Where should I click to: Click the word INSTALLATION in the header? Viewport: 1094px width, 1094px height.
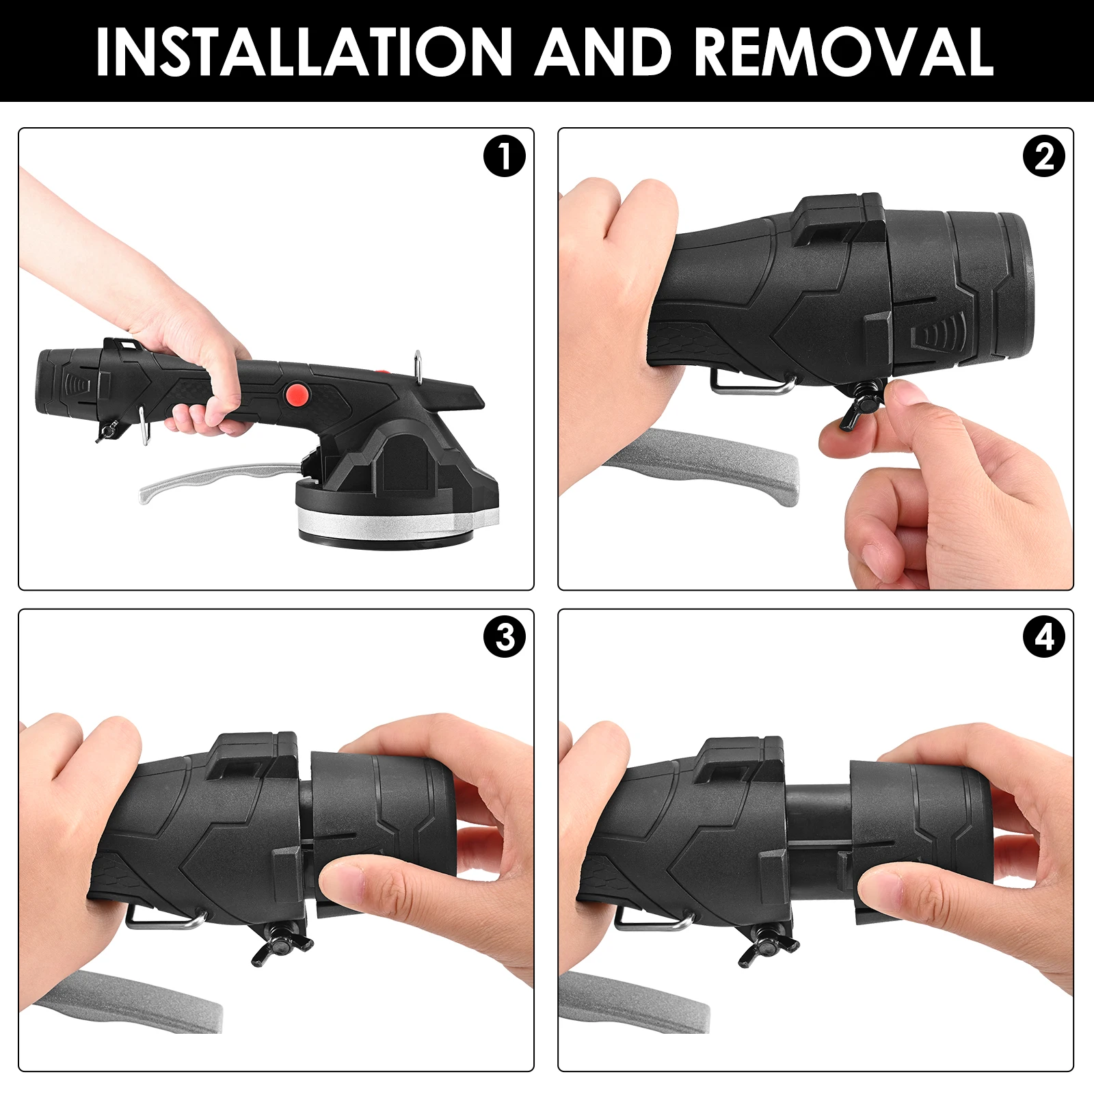(304, 51)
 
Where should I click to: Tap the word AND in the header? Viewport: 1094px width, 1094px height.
(603, 51)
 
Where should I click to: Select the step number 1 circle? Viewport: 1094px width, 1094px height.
(504, 157)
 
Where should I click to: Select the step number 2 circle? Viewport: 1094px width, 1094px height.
(1043, 157)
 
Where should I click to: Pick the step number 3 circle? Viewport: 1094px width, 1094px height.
(504, 637)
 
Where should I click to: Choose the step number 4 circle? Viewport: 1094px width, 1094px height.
(1043, 637)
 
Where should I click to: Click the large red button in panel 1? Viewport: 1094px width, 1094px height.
(296, 393)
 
